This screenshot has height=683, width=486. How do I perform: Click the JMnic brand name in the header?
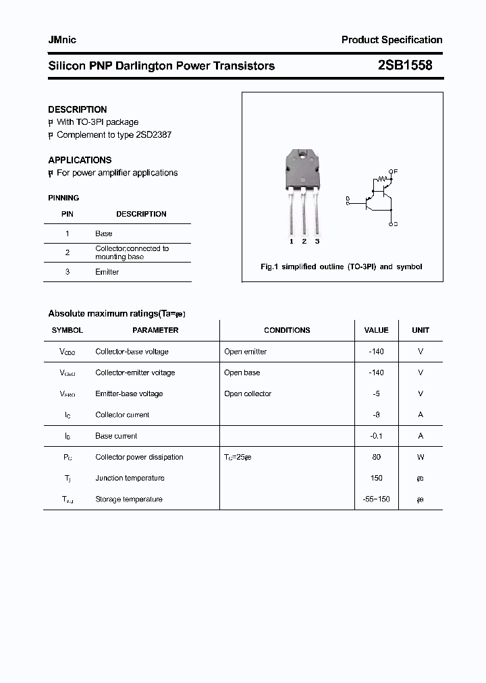pyautogui.click(x=62, y=40)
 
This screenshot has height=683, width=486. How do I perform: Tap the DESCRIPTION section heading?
pyautogui.click(x=77, y=109)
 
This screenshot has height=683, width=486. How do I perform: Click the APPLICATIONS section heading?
pyautogui.click(x=80, y=160)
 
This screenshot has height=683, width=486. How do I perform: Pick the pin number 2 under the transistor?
pyautogui.click(x=304, y=241)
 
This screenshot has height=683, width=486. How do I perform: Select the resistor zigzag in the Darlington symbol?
pyautogui.click(x=383, y=180)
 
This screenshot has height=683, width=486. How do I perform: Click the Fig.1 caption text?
pyautogui.click(x=342, y=267)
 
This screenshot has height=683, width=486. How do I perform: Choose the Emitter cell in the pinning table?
pyautogui.click(x=107, y=272)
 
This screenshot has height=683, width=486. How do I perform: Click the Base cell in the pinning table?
pyautogui.click(x=103, y=234)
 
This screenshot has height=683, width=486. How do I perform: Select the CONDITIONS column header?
pyautogui.click(x=287, y=330)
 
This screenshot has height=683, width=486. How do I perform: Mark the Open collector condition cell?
pyautogui.click(x=248, y=393)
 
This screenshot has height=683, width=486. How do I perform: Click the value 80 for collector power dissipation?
pyautogui.click(x=376, y=457)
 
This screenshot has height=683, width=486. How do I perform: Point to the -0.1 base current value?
pyautogui.click(x=376, y=436)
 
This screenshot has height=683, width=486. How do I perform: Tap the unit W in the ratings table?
pyautogui.click(x=421, y=457)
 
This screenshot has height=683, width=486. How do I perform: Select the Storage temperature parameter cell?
pyautogui.click(x=128, y=499)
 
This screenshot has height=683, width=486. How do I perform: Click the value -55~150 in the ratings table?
pyautogui.click(x=376, y=499)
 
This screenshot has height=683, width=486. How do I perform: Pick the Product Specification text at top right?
pyautogui.click(x=391, y=40)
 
